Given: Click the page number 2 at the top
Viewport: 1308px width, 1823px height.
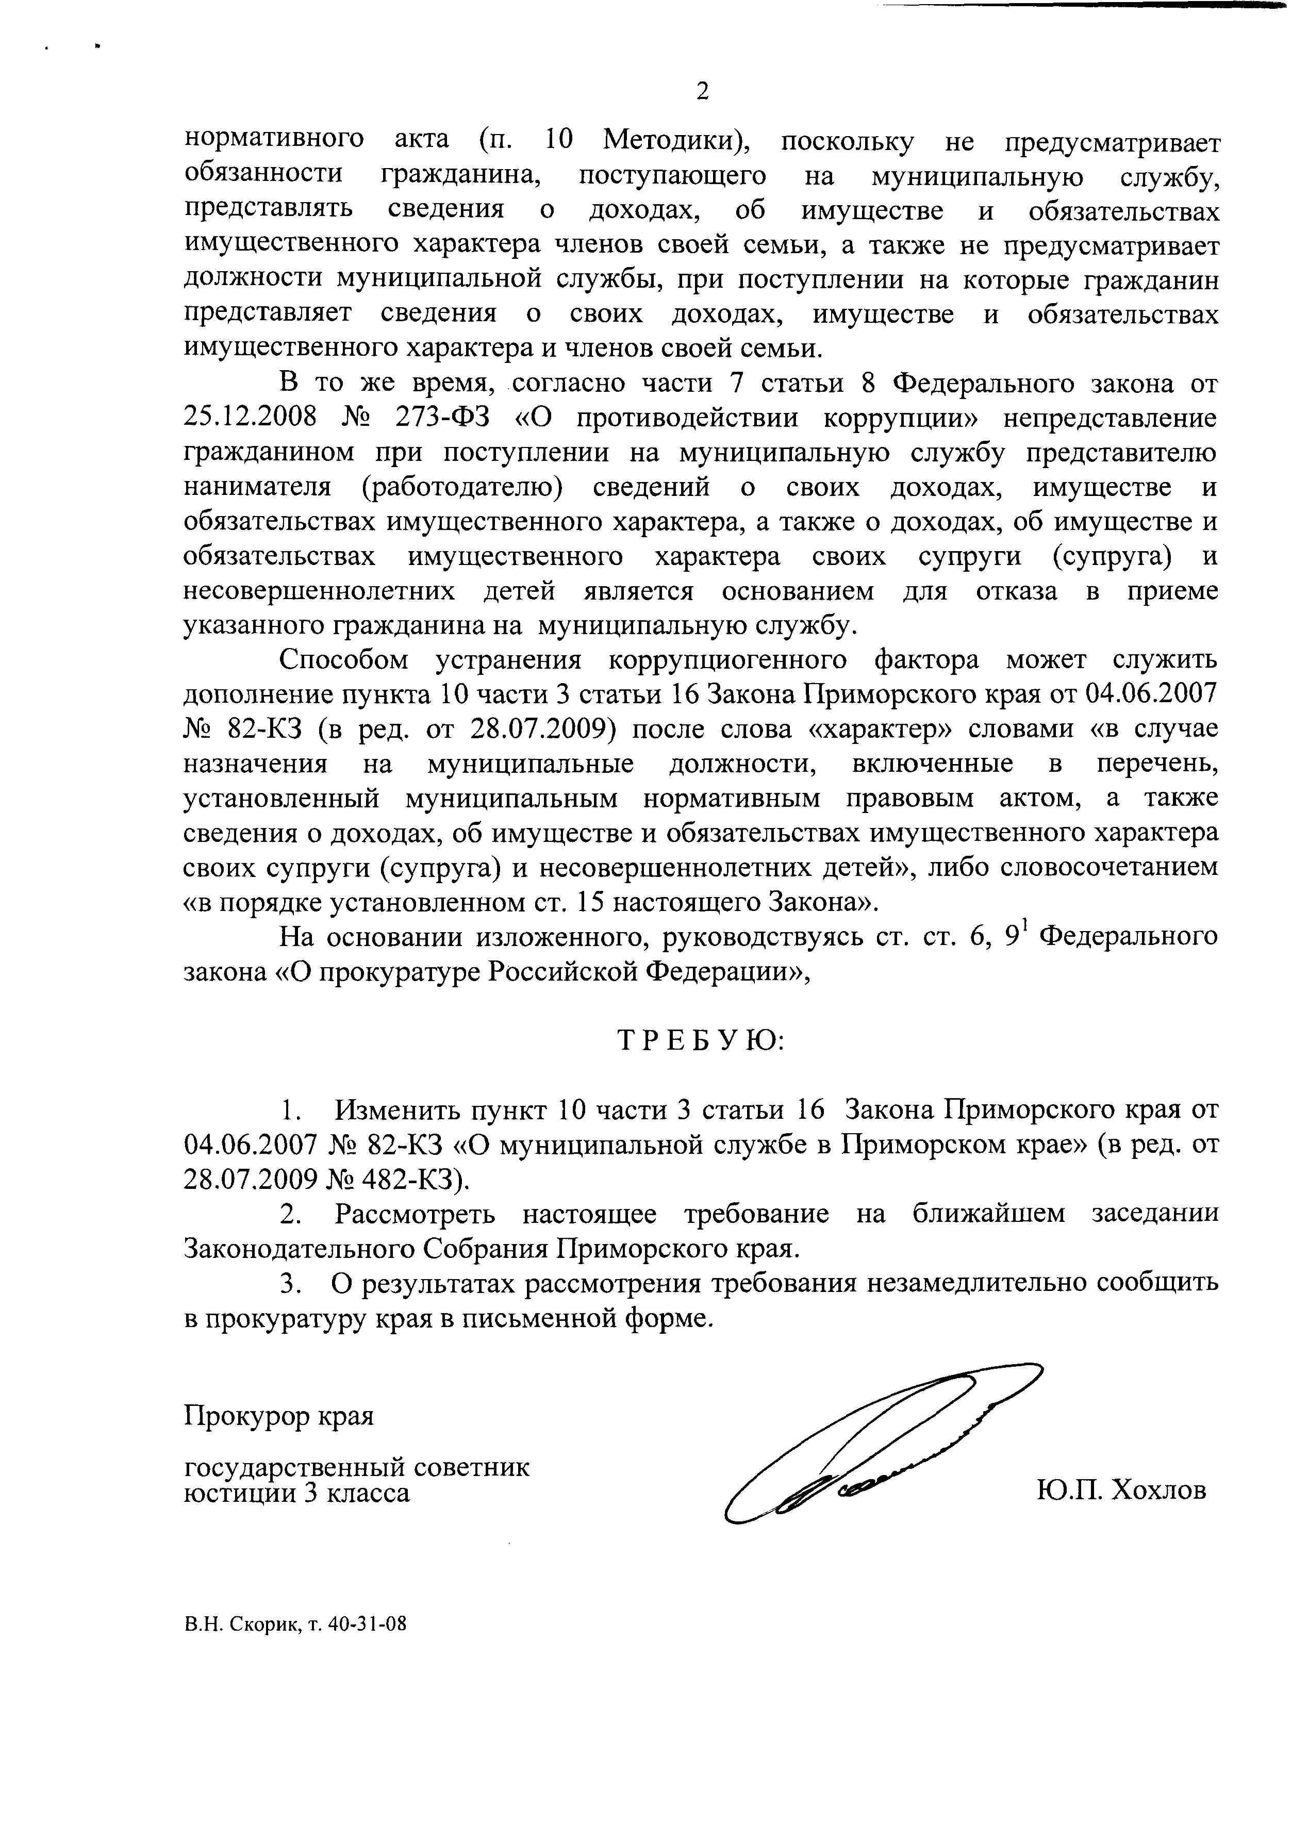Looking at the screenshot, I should [702, 92].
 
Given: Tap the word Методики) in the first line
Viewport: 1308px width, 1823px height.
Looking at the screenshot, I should [675, 141].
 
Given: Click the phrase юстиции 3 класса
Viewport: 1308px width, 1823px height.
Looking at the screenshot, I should [296, 1493].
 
